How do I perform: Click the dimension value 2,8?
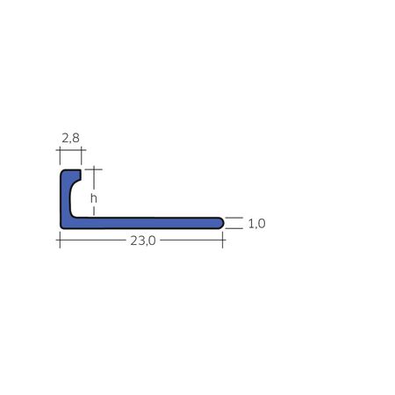(x=70, y=138)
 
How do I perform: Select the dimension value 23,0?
(x=143, y=241)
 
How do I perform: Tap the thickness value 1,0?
(x=256, y=224)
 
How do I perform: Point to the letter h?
(x=94, y=198)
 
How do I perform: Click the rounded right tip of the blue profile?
(x=223, y=223)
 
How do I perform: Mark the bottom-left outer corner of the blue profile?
(x=61, y=228)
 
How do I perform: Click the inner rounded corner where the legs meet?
(x=72, y=216)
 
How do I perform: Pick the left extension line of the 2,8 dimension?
(x=60, y=156)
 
